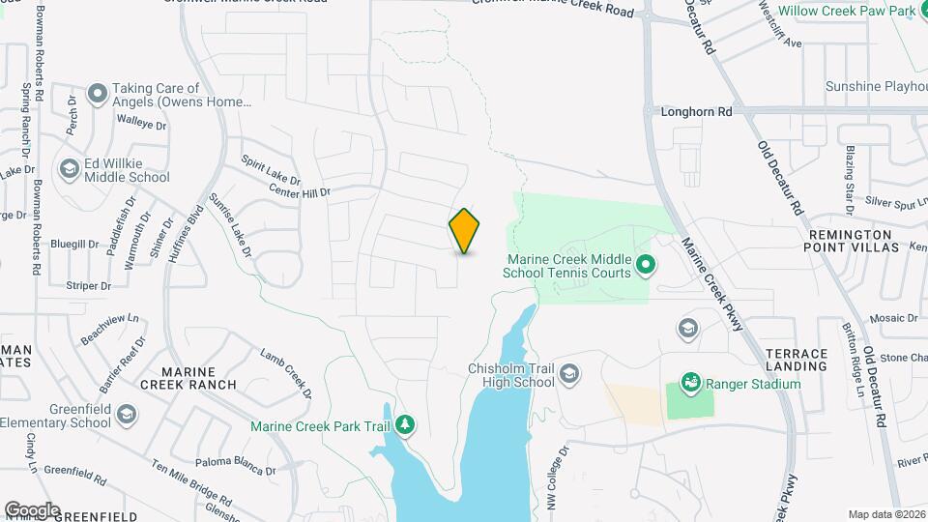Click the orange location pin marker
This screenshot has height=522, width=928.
click(x=464, y=230)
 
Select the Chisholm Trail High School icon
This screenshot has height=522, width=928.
click(x=569, y=374)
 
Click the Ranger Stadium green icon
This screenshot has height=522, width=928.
click(x=690, y=384)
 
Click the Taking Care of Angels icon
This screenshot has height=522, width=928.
click(x=97, y=94)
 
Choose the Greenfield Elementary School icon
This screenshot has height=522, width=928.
click(x=126, y=415)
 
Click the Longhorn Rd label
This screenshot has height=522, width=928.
click(x=696, y=112)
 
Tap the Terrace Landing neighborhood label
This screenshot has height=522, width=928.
click(x=796, y=360)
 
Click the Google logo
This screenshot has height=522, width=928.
click(x=32, y=509)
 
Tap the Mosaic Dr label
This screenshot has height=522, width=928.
click(x=892, y=318)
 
